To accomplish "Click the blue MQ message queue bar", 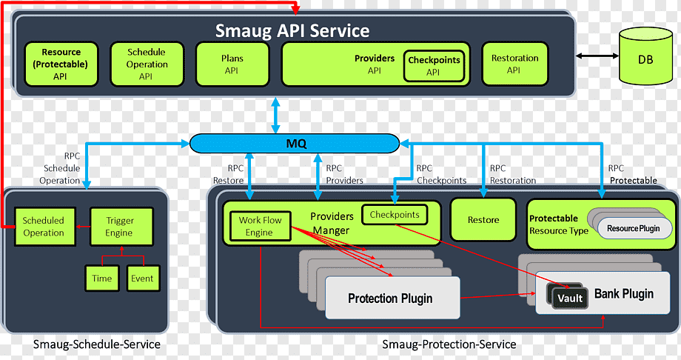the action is click(x=295, y=144).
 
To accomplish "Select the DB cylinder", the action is click(x=645, y=56).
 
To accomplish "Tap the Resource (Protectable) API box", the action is click(x=61, y=64).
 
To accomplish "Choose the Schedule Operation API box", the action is click(x=147, y=64).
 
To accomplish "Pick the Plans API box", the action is click(x=232, y=64).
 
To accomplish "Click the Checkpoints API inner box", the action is click(x=434, y=66).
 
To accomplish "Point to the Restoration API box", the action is click(x=514, y=64).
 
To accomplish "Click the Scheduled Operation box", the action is click(x=44, y=227).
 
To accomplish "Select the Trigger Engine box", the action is click(x=121, y=227).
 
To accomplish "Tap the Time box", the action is click(x=102, y=279).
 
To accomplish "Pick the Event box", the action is click(x=143, y=279).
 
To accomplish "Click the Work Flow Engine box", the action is click(x=260, y=226).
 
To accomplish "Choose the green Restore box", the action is click(x=483, y=219).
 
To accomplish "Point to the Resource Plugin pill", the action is click(x=634, y=228).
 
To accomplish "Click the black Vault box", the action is click(x=570, y=299).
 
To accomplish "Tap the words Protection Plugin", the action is click(x=390, y=299).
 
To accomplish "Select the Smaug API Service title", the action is click(x=292, y=31).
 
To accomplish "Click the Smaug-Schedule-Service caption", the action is click(x=97, y=344).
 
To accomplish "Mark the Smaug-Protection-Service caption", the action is click(x=449, y=344).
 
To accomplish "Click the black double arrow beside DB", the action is click(x=597, y=56).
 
